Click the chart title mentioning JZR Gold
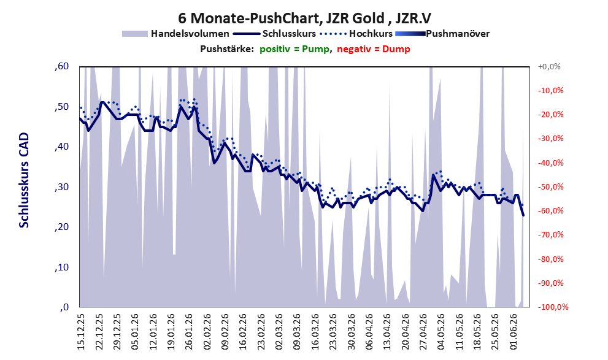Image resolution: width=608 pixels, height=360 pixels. click(x=304, y=18)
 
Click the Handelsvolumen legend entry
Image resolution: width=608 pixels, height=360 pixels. click(x=175, y=34)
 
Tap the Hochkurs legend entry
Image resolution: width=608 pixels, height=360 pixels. click(x=356, y=34)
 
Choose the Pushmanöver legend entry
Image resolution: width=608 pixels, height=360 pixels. click(x=442, y=34)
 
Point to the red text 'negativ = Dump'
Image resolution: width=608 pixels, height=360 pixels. click(x=374, y=49)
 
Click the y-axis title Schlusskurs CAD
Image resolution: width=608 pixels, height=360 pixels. click(x=24, y=180)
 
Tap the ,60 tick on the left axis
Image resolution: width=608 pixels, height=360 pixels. click(x=61, y=66)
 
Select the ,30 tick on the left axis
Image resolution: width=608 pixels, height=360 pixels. click(x=61, y=187)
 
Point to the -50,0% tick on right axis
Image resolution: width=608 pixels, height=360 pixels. click(x=550, y=187)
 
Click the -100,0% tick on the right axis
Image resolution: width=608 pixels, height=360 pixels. click(x=553, y=307)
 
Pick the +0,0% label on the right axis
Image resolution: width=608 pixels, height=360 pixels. click(x=549, y=67)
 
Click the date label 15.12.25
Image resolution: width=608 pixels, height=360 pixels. click(x=80, y=332)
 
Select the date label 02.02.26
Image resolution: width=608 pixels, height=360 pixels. click(x=207, y=332)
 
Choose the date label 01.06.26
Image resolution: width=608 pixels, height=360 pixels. click(x=515, y=332)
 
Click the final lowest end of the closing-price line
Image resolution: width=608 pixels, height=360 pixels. click(x=523, y=215)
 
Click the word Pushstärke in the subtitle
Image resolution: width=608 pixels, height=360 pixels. click(x=227, y=49)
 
